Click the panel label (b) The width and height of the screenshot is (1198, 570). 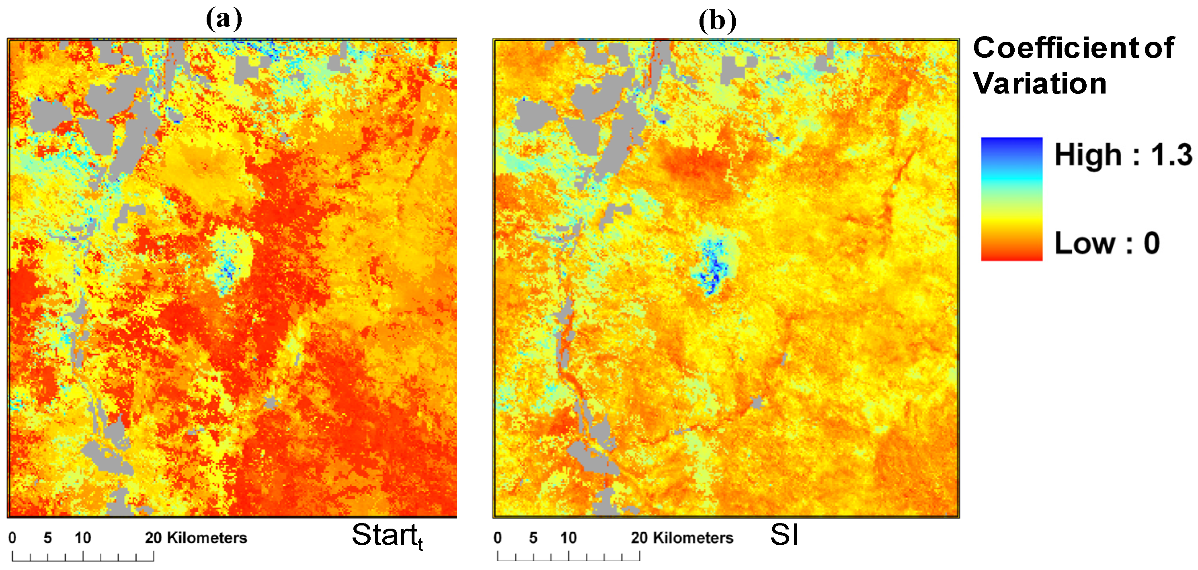point(718,21)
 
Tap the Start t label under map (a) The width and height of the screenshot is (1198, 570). point(386,535)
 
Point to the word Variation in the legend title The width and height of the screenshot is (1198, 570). point(1040,83)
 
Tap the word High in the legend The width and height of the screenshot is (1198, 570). point(1088,155)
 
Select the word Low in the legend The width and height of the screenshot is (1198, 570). point(1085,243)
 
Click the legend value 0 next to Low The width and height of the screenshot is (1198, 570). point(1151,243)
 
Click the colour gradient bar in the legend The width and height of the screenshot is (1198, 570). point(1011,199)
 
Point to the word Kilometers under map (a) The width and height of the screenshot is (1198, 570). point(207,538)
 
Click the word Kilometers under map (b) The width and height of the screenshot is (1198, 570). point(693,538)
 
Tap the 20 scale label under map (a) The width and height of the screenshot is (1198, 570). point(153,538)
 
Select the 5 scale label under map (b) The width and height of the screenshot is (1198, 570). point(533,538)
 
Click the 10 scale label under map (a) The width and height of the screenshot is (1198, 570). point(83,538)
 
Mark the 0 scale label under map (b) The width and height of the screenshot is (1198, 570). point(498,538)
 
